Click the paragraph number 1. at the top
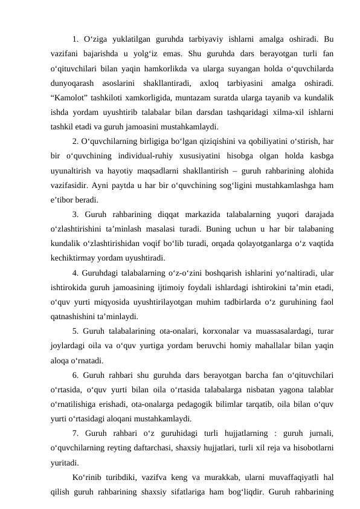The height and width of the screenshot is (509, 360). [76, 40]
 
